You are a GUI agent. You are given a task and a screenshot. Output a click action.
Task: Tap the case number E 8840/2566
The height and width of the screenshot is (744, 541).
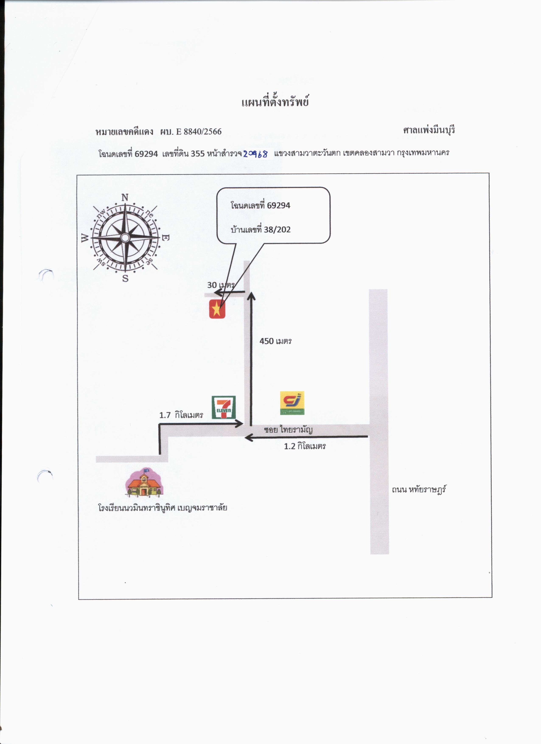[199, 132]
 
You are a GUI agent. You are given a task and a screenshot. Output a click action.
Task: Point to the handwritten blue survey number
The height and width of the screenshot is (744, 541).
[255, 154]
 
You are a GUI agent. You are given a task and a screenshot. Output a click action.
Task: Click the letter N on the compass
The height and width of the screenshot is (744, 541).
[125, 198]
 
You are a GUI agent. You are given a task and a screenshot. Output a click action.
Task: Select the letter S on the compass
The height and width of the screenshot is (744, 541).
[125, 279]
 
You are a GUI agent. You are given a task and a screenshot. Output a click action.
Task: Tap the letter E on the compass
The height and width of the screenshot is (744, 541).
[166, 238]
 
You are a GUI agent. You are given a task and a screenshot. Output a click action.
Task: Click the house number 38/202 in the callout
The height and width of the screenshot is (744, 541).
[277, 230]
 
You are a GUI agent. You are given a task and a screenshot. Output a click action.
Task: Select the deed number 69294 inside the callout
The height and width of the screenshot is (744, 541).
[279, 206]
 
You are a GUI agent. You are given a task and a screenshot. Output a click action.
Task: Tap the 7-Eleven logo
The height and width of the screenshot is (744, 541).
[223, 407]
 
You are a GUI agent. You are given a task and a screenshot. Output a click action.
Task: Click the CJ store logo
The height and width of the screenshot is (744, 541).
[292, 403]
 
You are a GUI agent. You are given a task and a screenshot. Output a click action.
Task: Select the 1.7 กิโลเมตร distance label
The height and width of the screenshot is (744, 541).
[181, 415]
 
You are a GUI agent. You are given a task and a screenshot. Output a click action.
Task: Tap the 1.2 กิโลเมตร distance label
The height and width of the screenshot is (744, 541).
[305, 446]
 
